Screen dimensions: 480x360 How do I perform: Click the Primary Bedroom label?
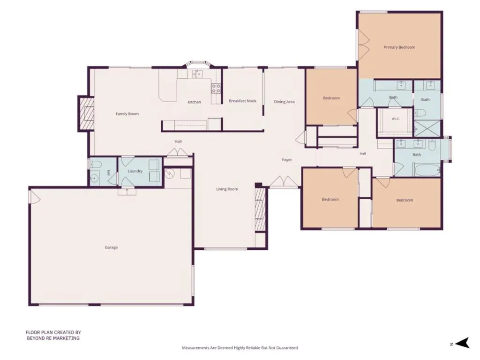399,47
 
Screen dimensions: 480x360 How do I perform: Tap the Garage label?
111,247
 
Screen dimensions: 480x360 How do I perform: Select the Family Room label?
127,114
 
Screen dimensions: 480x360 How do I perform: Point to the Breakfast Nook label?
242,101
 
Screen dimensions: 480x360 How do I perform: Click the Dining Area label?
284,102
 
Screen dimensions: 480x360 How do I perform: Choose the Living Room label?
227,189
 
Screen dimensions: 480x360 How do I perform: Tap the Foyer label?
287,160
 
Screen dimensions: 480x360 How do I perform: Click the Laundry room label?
135,171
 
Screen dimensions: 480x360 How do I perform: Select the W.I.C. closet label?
396,119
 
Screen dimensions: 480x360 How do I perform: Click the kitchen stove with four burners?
216,89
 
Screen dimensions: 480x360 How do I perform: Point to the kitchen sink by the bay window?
197,74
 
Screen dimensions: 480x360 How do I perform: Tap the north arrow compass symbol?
462,343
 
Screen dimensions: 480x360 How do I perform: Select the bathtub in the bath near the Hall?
427,170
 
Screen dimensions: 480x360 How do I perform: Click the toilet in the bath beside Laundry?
95,165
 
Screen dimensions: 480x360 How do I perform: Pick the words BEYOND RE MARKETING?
53,338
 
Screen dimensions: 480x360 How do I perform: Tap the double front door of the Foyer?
284,181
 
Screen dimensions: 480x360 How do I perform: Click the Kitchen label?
195,102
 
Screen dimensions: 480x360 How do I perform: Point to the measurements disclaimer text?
240,348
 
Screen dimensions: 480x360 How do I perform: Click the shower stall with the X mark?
427,128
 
